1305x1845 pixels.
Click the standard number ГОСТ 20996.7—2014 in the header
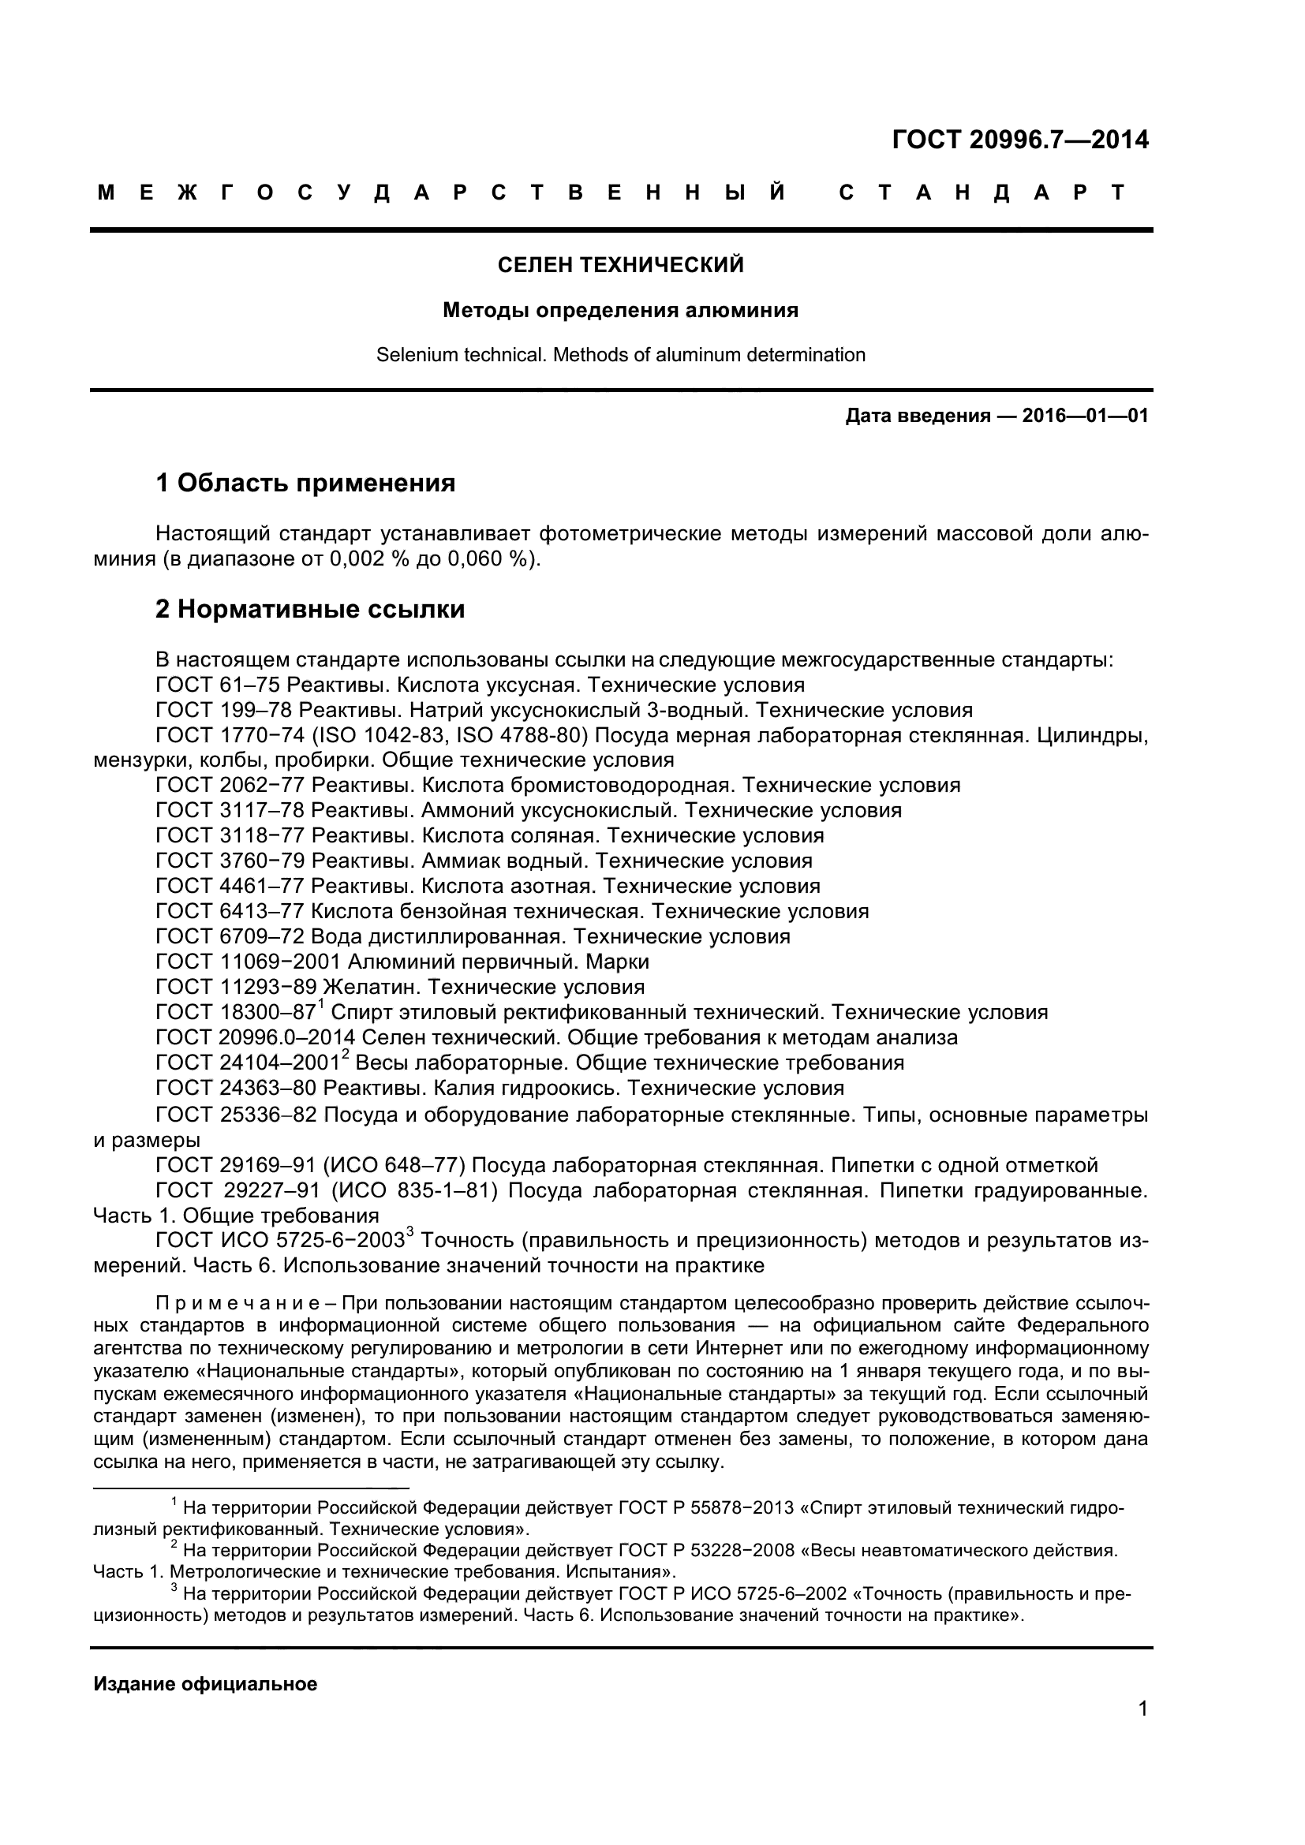pyautogui.click(x=1019, y=140)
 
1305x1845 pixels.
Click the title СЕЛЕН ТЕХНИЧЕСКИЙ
pyautogui.click(x=620, y=265)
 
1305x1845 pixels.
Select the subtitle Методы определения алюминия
pyautogui.click(x=620, y=310)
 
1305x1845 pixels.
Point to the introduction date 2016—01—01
pyautogui.click(x=1085, y=416)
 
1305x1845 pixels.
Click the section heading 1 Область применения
pyautogui.click(x=305, y=483)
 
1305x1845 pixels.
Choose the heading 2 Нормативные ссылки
pyautogui.click(x=310, y=610)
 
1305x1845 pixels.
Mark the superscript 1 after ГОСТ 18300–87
pyautogui.click(x=320, y=1004)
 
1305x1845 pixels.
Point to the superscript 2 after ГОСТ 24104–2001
pyautogui.click(x=346, y=1055)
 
